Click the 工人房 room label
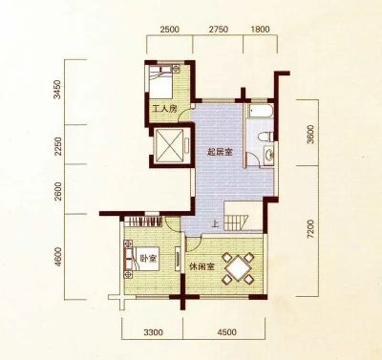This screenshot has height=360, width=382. [x=164, y=109]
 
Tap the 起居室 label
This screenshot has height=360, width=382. [x=220, y=152]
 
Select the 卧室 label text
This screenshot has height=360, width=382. [x=149, y=259]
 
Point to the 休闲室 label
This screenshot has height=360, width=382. [x=202, y=266]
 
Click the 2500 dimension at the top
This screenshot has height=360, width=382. [x=170, y=30]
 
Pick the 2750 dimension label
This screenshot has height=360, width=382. [x=219, y=30]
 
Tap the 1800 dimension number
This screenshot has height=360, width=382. [x=260, y=30]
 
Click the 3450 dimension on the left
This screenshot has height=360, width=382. [x=57, y=90]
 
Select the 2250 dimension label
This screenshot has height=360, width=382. [x=57, y=146]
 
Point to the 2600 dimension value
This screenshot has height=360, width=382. [x=57, y=191]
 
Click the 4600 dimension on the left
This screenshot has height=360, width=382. [x=57, y=257]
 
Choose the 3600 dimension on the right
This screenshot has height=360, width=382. [x=310, y=135]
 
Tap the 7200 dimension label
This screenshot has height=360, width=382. [x=310, y=228]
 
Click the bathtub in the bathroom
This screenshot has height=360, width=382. [x=261, y=111]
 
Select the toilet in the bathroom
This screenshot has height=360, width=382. [x=265, y=137]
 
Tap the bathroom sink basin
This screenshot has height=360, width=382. [x=269, y=155]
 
